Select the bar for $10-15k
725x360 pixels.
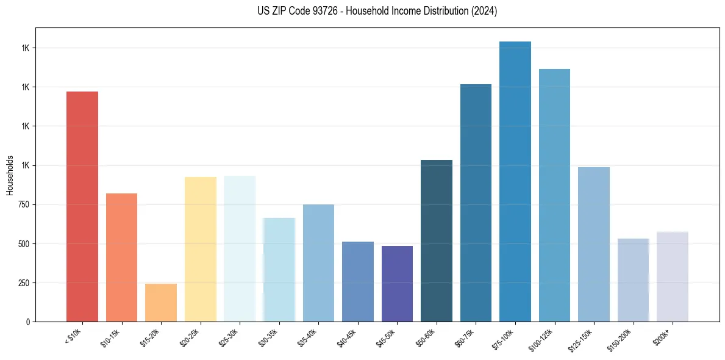121,257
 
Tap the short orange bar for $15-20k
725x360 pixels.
161,302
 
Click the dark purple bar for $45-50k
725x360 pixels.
397,283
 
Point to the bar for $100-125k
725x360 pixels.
554,195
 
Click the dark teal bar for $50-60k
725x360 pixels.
437,240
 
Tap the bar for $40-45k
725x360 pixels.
358,281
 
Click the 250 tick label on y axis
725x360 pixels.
23,283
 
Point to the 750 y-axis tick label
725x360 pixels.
23,205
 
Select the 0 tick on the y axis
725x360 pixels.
28,322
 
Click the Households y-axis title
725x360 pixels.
10,175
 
